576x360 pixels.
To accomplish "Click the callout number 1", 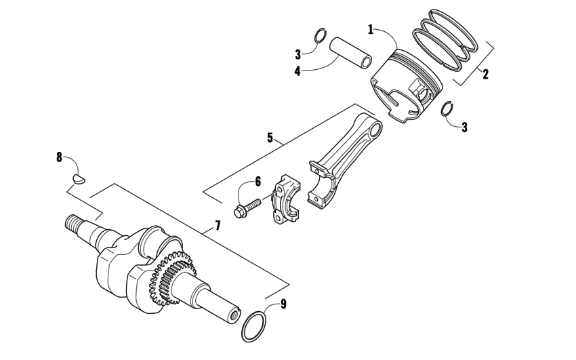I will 371,29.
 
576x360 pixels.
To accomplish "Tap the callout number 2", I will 485,75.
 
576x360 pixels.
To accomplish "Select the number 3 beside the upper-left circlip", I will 297,54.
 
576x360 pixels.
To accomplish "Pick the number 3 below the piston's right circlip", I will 464,127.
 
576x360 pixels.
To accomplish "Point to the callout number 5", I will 270,138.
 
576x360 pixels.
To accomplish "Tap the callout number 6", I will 258,181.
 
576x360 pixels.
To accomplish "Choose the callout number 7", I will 218,225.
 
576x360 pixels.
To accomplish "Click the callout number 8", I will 59,158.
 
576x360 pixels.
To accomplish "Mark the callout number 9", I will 283,304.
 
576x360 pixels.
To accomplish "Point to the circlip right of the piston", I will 447,108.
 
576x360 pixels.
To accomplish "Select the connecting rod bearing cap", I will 284,200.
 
